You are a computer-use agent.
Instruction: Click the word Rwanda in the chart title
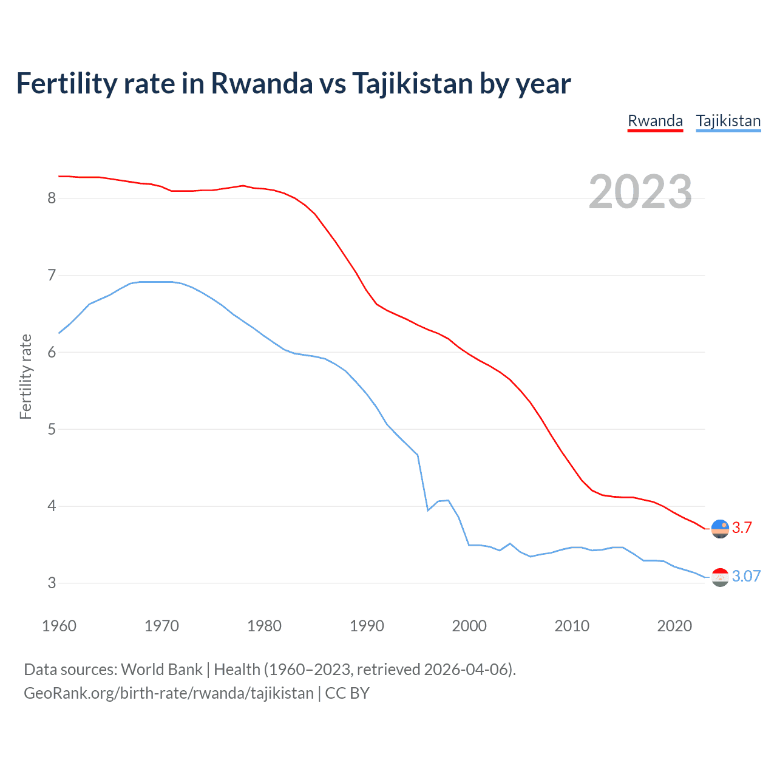coord(262,83)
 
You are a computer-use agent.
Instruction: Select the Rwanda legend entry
coord(655,121)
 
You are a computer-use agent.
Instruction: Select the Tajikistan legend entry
coord(728,121)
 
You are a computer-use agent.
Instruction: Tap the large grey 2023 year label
coord(640,192)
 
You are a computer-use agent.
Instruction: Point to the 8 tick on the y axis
coord(52,198)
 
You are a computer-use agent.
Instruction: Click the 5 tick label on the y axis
coord(52,429)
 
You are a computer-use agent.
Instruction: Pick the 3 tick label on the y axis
coord(52,583)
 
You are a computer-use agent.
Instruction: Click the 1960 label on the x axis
coord(59,626)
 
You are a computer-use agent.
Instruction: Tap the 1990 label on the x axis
coord(367,626)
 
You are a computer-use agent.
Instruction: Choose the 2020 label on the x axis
coord(674,626)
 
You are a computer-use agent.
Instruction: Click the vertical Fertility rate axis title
coord(25,376)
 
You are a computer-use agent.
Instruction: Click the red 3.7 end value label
coord(742,528)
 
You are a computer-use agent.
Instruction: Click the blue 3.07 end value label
coord(746,576)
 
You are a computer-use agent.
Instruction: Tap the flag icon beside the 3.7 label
coord(720,529)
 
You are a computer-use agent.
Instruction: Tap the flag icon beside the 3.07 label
coord(720,577)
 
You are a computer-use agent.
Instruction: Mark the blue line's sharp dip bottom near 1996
coord(428,511)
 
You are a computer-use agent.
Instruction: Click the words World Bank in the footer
coord(161,669)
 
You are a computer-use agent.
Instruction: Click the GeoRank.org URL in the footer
coord(169,693)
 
